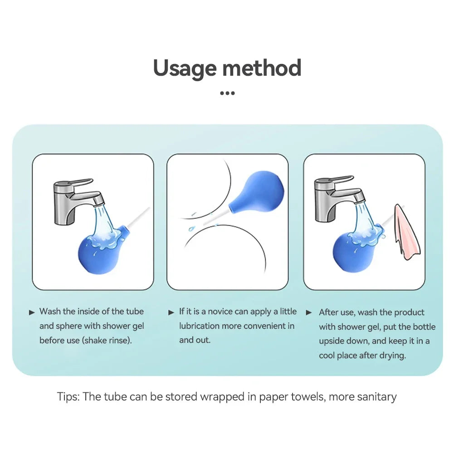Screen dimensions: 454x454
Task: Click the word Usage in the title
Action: tap(185, 68)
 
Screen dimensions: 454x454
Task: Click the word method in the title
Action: tap(262, 68)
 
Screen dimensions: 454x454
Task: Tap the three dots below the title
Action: tap(227, 93)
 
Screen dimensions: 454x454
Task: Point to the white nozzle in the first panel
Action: tap(138, 217)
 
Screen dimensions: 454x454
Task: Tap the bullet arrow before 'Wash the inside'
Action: tap(32, 312)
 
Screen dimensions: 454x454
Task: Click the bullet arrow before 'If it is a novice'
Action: tap(171, 312)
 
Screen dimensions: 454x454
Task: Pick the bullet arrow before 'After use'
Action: tap(309, 312)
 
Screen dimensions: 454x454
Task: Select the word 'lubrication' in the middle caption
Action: tap(200, 326)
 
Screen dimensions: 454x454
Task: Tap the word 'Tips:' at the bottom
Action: tap(68, 397)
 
